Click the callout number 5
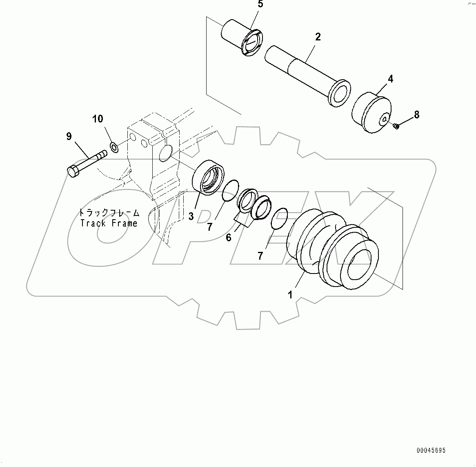260,5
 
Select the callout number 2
318,37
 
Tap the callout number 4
390,79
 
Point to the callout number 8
416,115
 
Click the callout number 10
98,119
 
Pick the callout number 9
69,136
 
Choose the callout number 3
191,216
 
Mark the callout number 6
229,237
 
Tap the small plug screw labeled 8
396,127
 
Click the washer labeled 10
115,147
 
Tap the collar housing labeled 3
208,176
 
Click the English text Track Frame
109,223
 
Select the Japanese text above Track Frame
109,213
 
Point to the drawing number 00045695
431,451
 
